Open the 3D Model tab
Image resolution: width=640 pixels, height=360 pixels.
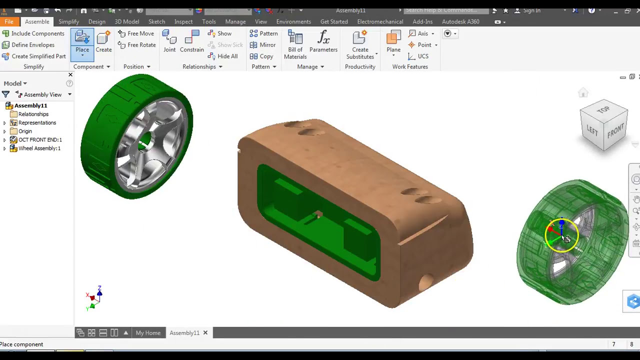(x=127, y=21)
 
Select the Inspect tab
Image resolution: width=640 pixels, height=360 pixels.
(x=183, y=21)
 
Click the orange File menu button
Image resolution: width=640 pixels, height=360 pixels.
(x=9, y=21)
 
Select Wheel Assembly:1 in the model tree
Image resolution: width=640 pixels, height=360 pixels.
(x=39, y=148)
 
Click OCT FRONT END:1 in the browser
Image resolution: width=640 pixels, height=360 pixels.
(x=39, y=140)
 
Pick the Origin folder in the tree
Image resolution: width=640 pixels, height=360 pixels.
(x=25, y=131)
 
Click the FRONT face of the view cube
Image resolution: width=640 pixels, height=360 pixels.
(x=615, y=131)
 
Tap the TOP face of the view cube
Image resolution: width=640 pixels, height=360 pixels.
(x=603, y=109)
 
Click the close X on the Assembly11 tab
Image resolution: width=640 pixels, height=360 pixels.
(x=205, y=333)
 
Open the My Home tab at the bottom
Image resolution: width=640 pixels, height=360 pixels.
(x=148, y=333)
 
